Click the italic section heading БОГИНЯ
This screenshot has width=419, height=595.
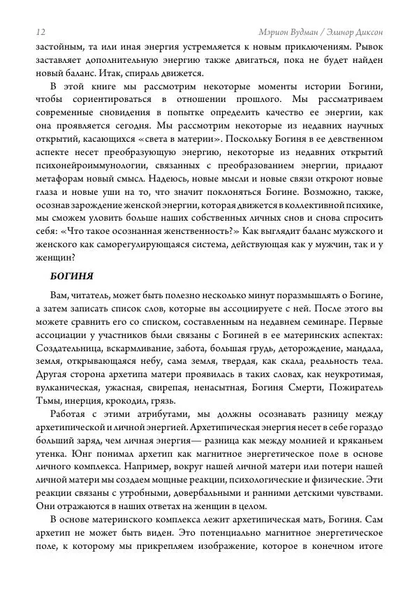pyautogui.click(x=72, y=276)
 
